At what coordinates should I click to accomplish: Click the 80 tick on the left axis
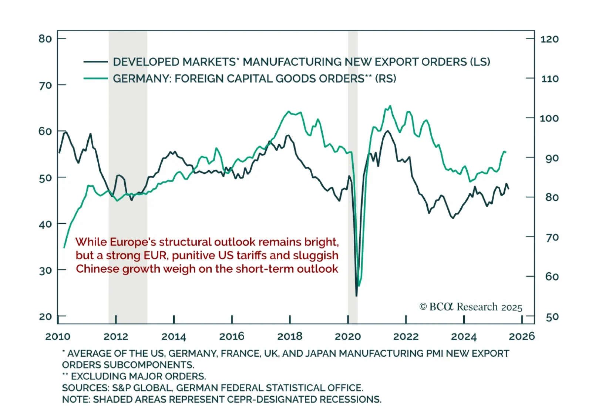tap(46, 39)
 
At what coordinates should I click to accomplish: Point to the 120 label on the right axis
tap(549, 39)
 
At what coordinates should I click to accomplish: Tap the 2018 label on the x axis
tap(290, 336)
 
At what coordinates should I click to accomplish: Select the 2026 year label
tap(522, 336)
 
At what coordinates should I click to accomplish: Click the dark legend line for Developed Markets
tap(96, 62)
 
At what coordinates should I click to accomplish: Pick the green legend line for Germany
tap(96, 79)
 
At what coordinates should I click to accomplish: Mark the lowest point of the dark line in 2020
tap(356, 296)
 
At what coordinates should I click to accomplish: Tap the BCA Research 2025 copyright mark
tap(471, 307)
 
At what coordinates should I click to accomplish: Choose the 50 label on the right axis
tap(552, 317)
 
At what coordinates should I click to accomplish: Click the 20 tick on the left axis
tap(46, 317)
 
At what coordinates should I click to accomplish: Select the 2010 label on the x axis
tap(58, 336)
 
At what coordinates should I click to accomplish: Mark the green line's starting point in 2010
tap(64, 247)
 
